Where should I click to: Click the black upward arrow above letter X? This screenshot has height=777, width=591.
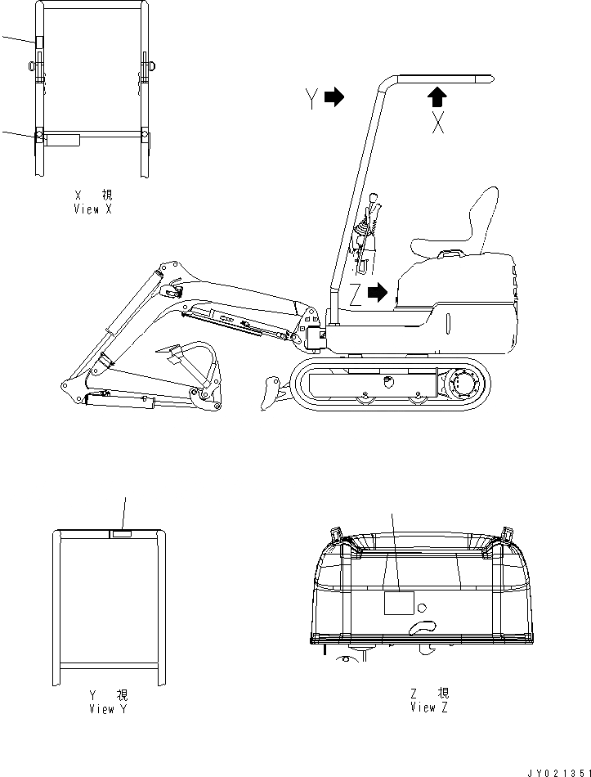[438, 97]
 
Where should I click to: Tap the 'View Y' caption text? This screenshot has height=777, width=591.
[108, 703]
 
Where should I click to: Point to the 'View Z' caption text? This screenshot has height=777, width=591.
[429, 700]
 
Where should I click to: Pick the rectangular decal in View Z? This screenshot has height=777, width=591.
[399, 604]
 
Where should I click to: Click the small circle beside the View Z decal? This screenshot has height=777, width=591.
[422, 608]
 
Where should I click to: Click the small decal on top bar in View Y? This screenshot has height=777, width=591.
[121, 534]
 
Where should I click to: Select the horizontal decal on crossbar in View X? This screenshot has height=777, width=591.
[63, 141]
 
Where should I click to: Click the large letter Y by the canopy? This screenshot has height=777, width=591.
[311, 99]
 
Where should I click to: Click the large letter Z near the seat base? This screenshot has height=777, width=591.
[356, 296]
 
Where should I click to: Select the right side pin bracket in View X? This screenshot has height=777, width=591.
[146, 65]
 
